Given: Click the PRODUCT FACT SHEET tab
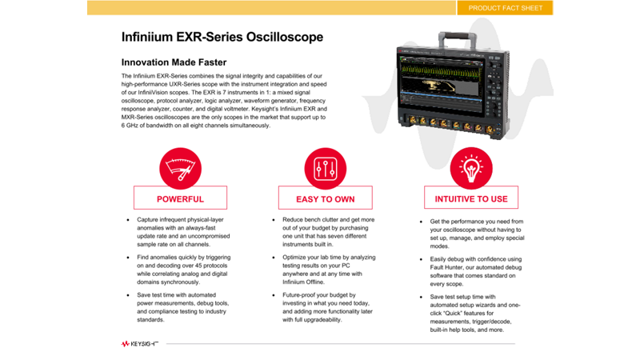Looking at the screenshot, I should [505, 8].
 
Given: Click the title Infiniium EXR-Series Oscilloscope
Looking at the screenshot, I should [222, 38].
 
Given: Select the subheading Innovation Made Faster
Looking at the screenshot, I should [174, 62].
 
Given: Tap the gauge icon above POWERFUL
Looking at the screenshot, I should [180, 169].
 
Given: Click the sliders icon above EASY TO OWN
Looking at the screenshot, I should [325, 169].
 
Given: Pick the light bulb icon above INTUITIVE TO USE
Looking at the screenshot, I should [470, 169].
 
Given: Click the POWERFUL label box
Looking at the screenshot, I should [180, 198].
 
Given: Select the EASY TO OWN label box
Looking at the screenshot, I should [325, 198].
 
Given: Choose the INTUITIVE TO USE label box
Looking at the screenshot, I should [470, 198].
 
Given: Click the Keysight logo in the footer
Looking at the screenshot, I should [139, 343].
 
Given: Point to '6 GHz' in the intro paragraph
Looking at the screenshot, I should [133, 126].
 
